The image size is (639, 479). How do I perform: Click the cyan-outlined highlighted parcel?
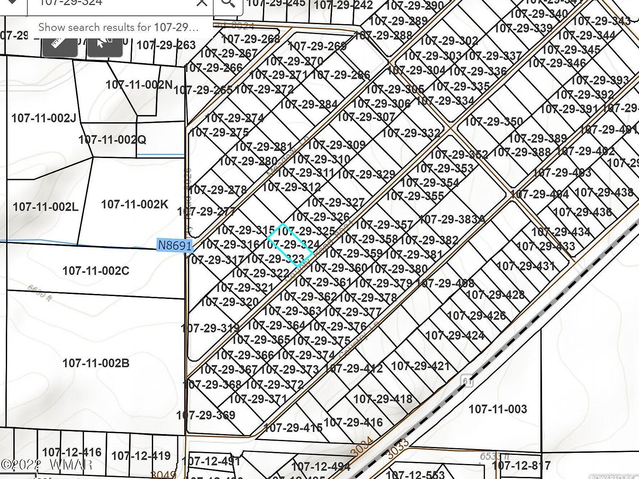pyautogui.click(x=290, y=245)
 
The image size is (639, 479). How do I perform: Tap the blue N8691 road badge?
pyautogui.click(x=175, y=245)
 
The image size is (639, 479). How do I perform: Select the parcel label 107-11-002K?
pyautogui.click(x=134, y=204)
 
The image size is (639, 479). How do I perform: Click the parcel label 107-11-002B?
pyautogui.click(x=96, y=363)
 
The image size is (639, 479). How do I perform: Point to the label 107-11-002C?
pyautogui.click(x=96, y=271)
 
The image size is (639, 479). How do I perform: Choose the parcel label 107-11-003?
pyautogui.click(x=498, y=409)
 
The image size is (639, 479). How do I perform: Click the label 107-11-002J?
pyautogui.click(x=44, y=118)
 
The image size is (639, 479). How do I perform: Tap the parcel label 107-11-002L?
pyautogui.click(x=45, y=207)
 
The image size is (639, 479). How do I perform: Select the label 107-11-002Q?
pyautogui.click(x=112, y=139)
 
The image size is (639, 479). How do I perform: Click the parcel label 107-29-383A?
pyautogui.click(x=452, y=219)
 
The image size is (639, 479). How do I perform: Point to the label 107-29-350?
pyautogui.click(x=493, y=122)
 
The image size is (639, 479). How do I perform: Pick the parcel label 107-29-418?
pyautogui.click(x=383, y=399)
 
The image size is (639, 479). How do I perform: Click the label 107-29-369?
pyautogui.click(x=206, y=415)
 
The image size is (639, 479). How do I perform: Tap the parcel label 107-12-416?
pyautogui.click(x=72, y=452)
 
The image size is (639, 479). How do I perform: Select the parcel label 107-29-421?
pyautogui.click(x=420, y=366)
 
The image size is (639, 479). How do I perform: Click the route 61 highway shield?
pyautogui.click(x=468, y=380)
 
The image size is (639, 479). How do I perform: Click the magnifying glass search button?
pyautogui.click(x=228, y=3)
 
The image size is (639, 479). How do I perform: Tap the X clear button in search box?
pyautogui.click(x=201, y=3)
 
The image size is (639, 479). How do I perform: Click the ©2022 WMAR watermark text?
pyautogui.click(x=47, y=464)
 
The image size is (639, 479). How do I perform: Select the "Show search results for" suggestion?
pyautogui.click(x=118, y=27)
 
